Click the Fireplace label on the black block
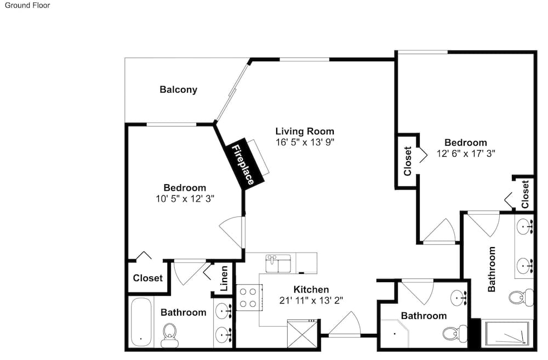click(243, 164)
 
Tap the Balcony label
click(178, 89)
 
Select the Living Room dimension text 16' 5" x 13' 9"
click(305, 142)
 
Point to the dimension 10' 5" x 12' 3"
click(185, 199)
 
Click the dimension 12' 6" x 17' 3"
click(466, 153)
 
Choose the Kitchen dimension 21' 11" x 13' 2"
click(311, 300)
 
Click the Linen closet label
click(224, 278)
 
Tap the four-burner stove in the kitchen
click(249, 298)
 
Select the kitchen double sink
click(278, 264)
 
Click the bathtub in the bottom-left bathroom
click(141, 322)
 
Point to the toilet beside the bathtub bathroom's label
click(170, 335)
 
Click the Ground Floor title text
click(27, 5)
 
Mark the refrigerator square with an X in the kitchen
click(302, 334)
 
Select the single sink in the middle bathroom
click(459, 298)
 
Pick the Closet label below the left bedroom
click(148, 278)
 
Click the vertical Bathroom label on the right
click(492, 269)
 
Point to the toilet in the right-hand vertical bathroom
click(521, 298)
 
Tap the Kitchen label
click(311, 289)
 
